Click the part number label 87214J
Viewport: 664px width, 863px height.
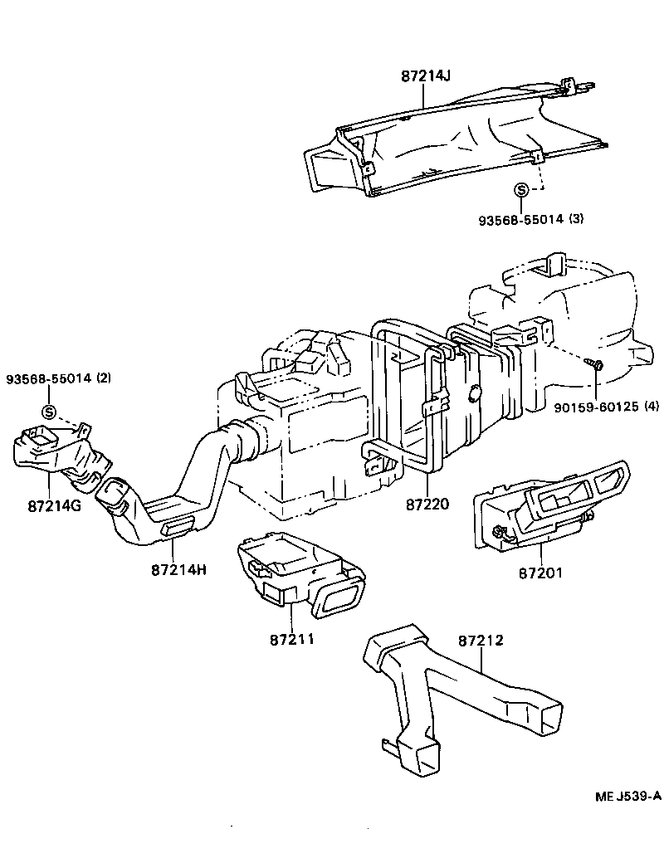tap(425, 76)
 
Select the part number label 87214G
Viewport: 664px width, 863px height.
tap(53, 505)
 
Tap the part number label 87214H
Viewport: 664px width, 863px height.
tap(178, 570)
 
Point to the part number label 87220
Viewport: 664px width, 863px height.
tap(428, 504)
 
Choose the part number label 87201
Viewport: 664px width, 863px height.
tap(541, 573)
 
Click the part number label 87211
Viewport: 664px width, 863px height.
tap(292, 641)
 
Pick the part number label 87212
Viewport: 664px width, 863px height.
tap(481, 641)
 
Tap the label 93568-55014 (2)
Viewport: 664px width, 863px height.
tap(58, 378)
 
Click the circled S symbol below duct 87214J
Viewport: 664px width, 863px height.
tap(521, 190)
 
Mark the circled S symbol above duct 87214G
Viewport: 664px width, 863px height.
tap(49, 412)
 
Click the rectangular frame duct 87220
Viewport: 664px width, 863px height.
tap(415, 398)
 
